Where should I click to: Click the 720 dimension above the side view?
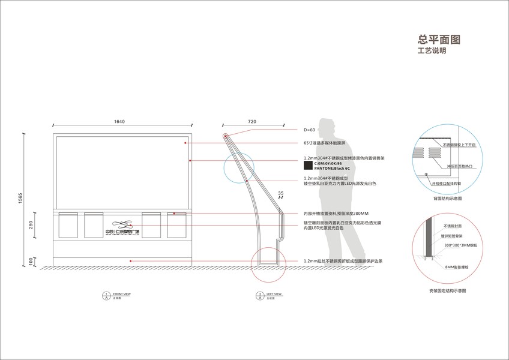(251, 122)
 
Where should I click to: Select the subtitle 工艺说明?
(432, 52)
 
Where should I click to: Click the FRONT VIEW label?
(122, 294)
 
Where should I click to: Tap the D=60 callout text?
(310, 130)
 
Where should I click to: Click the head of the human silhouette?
(328, 128)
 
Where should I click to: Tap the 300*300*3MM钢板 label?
(460, 245)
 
